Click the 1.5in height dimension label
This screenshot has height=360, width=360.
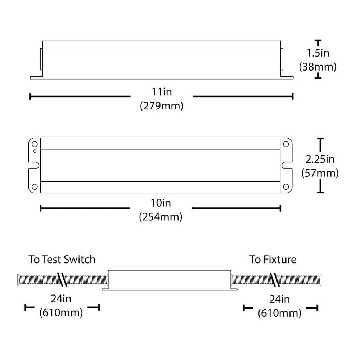pos(318,53)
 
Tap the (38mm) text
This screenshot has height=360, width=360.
pos(318,67)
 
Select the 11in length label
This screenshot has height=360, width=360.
pos(162,92)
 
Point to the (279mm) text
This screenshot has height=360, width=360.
pos(162,106)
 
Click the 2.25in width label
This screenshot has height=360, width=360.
pos(320,159)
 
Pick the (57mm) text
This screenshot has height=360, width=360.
pos(320,173)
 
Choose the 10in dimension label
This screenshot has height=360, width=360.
pos(161,203)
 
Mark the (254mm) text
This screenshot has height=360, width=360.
pos(161,217)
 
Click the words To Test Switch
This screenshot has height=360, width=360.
pos(62,260)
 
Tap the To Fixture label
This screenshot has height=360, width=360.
pos(273,260)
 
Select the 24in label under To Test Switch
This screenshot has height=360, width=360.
pos(62,299)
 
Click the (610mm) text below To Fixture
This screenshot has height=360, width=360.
pos(280,313)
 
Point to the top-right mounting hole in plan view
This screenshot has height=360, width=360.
pos(286,144)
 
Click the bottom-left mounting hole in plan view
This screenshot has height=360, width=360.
pos(35,186)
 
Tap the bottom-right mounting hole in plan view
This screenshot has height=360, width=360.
pos(286,186)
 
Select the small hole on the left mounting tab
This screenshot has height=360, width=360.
pos(35,151)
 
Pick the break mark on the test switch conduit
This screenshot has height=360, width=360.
pos(63,280)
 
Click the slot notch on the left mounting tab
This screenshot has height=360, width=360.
pos(34,165)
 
